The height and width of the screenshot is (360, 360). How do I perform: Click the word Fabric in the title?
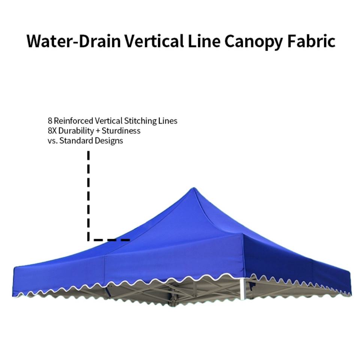tap(311, 41)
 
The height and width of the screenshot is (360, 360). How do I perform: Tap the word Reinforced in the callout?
tap(73, 121)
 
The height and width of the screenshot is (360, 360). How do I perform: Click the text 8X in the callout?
tap(52, 131)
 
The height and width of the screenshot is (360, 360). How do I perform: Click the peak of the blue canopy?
tap(193, 189)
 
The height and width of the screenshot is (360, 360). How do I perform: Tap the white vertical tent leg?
tap(242, 289)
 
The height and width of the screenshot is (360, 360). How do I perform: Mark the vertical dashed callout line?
tap(88, 195)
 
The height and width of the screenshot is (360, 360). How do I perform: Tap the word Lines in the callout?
tap(168, 121)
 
